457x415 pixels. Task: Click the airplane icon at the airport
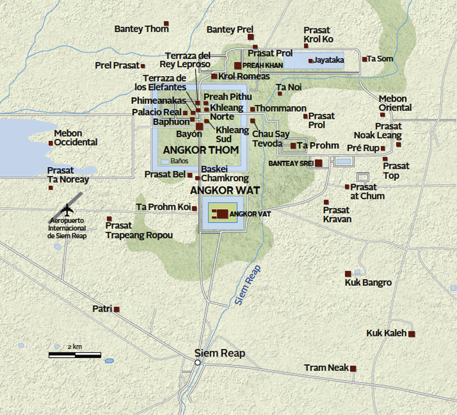tap(68, 209)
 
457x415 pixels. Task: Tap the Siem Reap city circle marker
tap(198, 363)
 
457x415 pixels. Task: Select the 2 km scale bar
tap(75, 355)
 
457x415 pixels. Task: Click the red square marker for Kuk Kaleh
tap(412, 334)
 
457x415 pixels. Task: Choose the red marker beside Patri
tap(116, 309)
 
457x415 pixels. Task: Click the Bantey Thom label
tap(141, 29)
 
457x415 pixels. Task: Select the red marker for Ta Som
tap(365, 59)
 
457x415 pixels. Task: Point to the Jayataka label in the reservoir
tap(328, 60)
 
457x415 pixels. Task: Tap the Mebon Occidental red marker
tap(51, 143)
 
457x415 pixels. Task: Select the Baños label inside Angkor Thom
tap(179, 161)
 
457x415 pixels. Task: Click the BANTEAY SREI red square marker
tap(319, 163)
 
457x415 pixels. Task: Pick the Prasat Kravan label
tap(337, 215)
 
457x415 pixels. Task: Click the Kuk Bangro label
tap(368, 283)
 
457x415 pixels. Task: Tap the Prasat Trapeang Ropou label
tap(139, 230)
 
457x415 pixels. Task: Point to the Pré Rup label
tap(363, 148)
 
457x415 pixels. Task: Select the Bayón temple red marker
tap(199, 126)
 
